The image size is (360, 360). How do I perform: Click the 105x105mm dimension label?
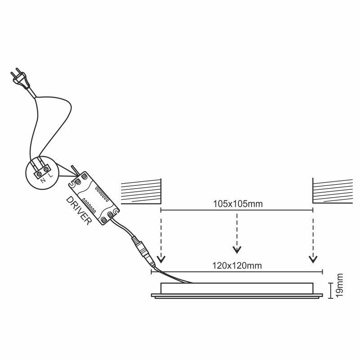[x=238, y=204]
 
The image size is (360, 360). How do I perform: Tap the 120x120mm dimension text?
[x=237, y=265]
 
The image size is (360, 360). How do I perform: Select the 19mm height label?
[x=340, y=285]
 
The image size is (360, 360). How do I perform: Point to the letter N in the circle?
[x=43, y=180]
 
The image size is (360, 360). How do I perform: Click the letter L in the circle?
[x=51, y=175]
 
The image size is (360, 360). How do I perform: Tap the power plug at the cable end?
[x=20, y=78]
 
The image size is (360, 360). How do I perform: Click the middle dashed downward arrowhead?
[x=237, y=250]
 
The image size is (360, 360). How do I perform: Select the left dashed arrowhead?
[x=161, y=259]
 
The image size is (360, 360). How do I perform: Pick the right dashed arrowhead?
[x=313, y=259]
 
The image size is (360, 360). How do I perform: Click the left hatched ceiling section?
[x=141, y=192]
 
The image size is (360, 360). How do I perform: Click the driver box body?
[x=94, y=198]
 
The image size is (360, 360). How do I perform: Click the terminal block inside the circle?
[x=42, y=171]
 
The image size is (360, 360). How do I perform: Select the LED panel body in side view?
[x=237, y=291]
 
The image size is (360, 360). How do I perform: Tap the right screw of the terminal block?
[x=46, y=170]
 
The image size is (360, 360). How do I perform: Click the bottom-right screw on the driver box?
[x=111, y=215]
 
